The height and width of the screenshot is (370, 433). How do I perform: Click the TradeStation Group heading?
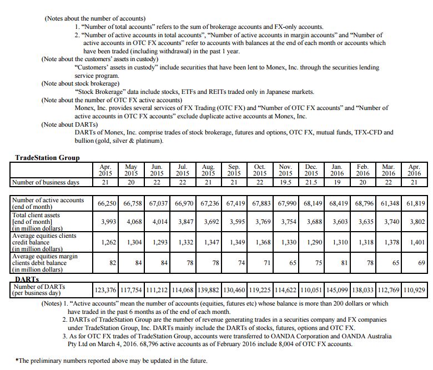coord(47,158)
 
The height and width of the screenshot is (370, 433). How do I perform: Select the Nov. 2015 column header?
coord(285,170)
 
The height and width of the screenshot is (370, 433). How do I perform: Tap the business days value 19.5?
coord(285,182)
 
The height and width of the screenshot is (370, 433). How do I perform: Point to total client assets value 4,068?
coord(133,222)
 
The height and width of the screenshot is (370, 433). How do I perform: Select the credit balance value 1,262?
coord(107,242)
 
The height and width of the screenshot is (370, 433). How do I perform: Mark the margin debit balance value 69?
coord(421,263)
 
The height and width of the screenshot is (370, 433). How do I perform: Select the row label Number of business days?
coord(46,182)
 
